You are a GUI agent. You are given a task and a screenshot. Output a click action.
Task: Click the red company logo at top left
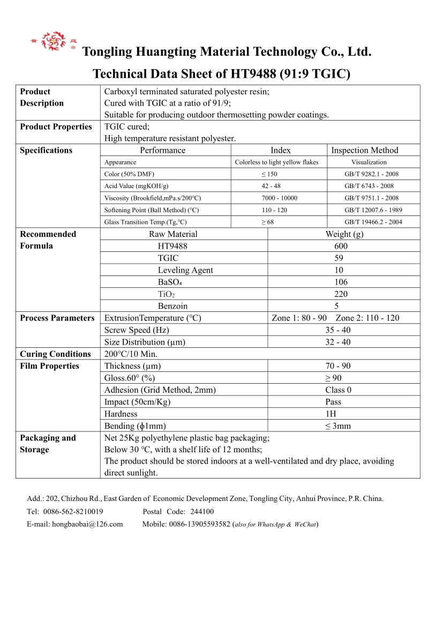(53, 41)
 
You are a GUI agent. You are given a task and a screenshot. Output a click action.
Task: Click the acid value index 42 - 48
(271, 186)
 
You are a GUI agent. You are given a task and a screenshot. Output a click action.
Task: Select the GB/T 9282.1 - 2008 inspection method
(371, 174)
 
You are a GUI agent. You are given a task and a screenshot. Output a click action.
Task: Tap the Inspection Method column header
(364, 151)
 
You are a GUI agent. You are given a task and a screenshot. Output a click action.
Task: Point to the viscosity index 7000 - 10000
(276, 198)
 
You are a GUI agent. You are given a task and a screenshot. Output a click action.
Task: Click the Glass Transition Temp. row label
(146, 222)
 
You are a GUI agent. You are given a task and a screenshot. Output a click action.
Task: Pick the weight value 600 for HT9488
(341, 246)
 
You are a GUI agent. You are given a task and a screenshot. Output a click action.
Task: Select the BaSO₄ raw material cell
(170, 282)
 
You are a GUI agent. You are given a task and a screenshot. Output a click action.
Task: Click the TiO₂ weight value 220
(341, 294)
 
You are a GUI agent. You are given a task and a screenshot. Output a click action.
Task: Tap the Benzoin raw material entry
(172, 306)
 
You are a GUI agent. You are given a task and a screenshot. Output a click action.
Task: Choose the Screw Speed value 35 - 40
(338, 330)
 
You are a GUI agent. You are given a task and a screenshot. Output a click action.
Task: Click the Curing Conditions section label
(55, 354)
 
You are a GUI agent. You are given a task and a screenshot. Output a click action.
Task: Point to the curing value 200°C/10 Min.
(131, 354)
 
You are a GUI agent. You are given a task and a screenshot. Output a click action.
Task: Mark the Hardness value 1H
(331, 414)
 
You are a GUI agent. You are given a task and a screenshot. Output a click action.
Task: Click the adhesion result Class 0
(338, 390)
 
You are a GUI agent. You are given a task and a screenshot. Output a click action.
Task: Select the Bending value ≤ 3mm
(337, 426)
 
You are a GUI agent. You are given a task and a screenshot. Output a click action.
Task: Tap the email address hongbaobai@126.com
(87, 524)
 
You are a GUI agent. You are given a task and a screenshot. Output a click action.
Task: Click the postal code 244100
(202, 512)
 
